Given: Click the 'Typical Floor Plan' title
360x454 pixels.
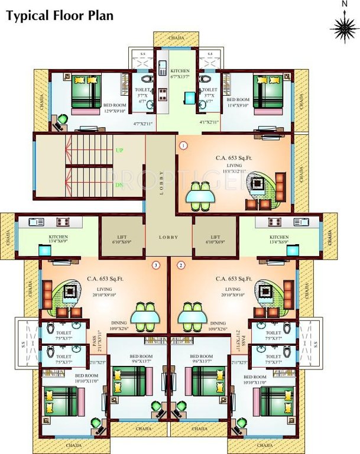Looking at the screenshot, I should pos(60,16).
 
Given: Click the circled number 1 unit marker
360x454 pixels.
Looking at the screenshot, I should pos(183,145).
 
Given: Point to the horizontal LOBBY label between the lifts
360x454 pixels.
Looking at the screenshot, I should pos(168,236).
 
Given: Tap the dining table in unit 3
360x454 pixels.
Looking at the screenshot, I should pos(145,316).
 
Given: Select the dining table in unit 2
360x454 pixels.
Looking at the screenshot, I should pos(192,316).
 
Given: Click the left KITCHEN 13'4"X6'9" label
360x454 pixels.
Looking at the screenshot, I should pos(59,239).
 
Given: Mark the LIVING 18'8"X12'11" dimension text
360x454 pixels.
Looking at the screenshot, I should pos(234,168).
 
